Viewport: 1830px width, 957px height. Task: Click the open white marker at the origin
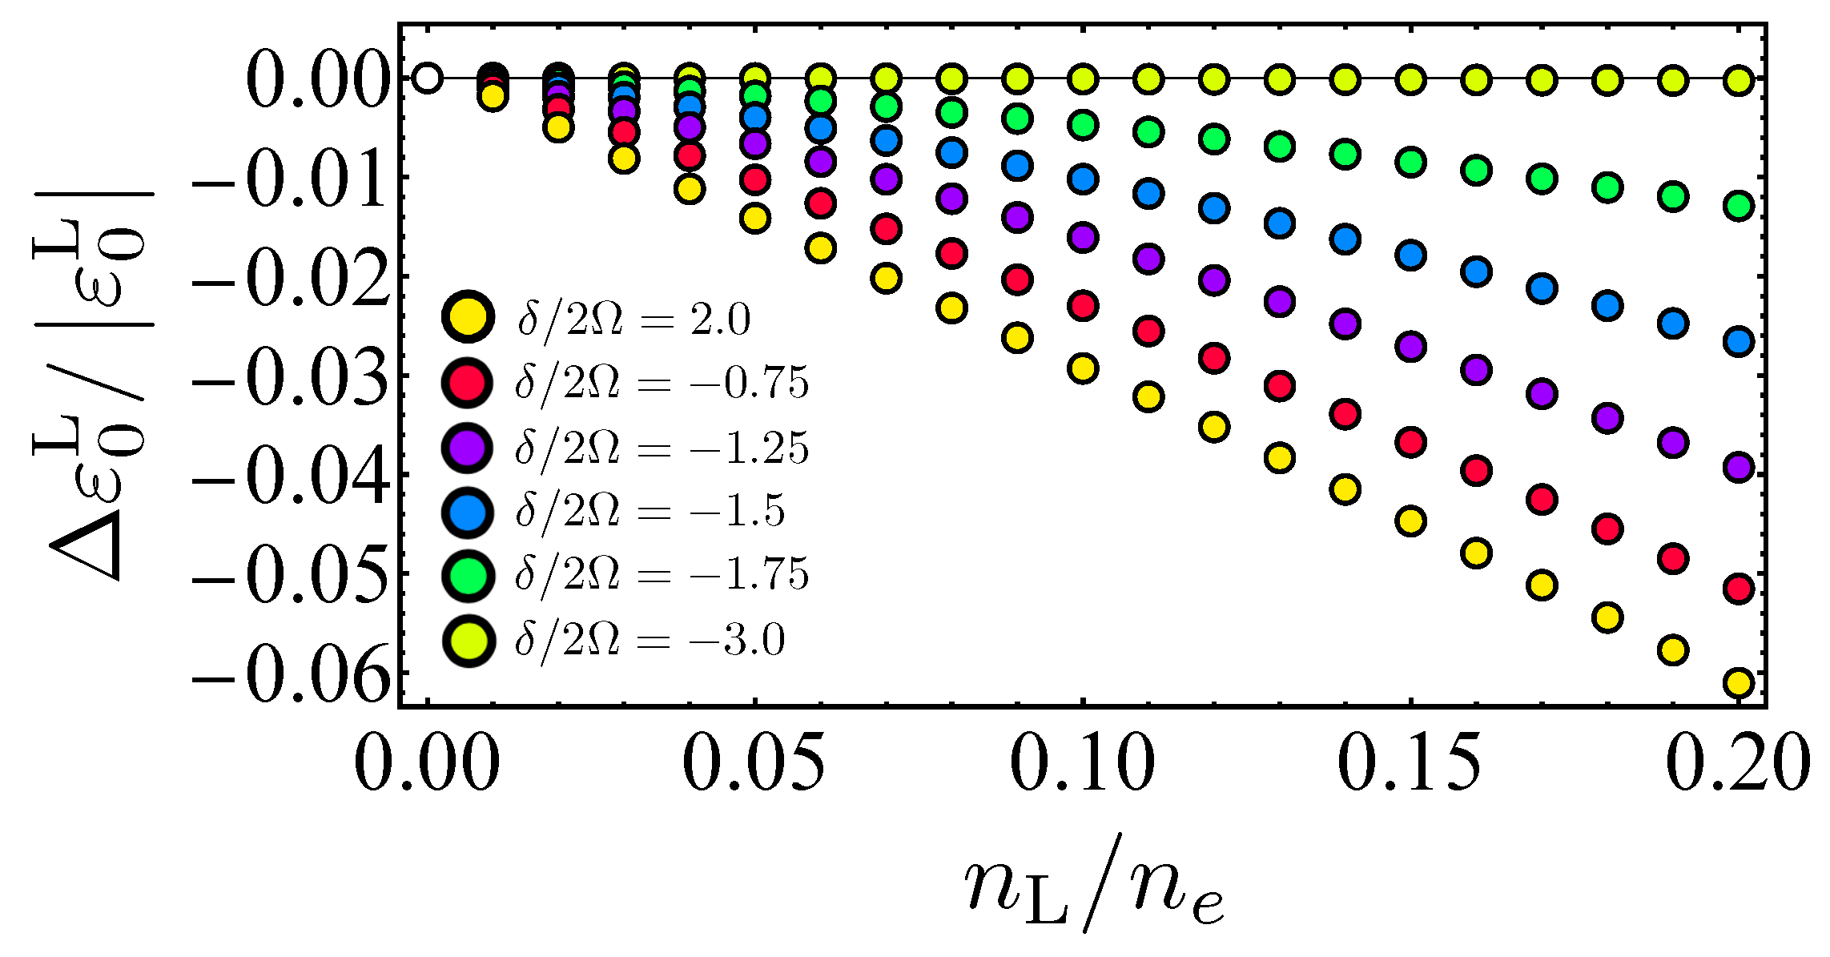[428, 78]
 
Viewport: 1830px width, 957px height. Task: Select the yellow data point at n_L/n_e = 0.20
[1739, 682]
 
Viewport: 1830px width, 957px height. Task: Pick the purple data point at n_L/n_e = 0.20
[1739, 466]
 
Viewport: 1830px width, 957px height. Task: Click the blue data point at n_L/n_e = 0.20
[1739, 342]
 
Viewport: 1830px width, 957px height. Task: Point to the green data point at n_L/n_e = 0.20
[1739, 206]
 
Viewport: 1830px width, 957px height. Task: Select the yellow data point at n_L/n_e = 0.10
[1083, 368]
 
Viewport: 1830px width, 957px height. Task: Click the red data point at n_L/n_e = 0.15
[1410, 442]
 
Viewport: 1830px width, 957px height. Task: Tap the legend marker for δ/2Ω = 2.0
[468, 317]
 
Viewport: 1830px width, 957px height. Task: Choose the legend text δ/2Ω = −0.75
[662, 384]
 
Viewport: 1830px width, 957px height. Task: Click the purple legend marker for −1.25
[468, 446]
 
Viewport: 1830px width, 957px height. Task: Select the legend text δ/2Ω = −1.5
[650, 512]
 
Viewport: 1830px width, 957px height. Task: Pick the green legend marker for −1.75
[468, 574]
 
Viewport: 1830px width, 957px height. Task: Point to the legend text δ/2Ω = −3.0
[650, 640]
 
